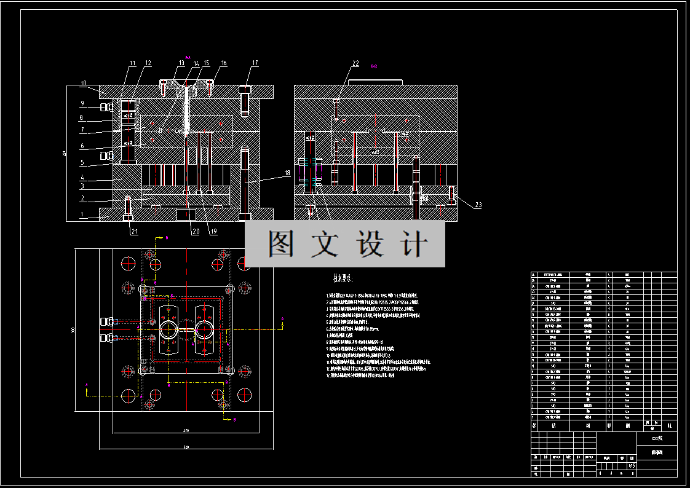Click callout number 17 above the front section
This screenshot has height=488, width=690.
click(x=255, y=63)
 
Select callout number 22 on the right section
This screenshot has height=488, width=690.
click(x=355, y=63)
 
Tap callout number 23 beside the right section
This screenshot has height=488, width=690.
click(x=478, y=205)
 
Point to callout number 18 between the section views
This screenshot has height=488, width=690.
click(x=287, y=173)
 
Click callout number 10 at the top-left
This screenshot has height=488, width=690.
click(x=84, y=83)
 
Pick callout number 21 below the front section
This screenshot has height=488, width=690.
click(x=134, y=231)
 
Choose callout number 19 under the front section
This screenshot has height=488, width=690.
click(x=213, y=231)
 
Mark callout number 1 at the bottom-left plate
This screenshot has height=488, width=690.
click(x=81, y=214)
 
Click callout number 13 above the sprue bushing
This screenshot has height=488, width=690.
click(x=181, y=63)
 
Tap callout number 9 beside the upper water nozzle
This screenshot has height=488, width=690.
click(x=81, y=103)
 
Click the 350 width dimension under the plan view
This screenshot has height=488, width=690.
click(x=186, y=447)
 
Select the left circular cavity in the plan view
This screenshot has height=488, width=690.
click(x=168, y=329)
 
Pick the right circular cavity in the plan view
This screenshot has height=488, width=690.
click(x=204, y=329)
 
